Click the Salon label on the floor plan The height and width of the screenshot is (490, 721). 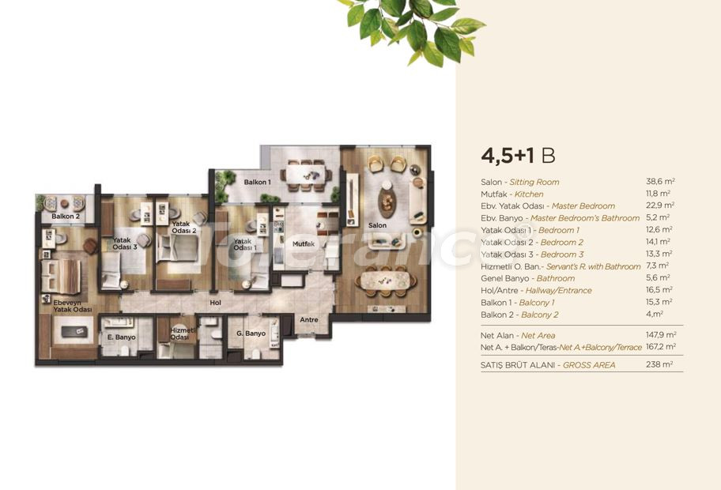click(x=377, y=225)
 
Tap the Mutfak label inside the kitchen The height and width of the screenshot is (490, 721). click(x=304, y=244)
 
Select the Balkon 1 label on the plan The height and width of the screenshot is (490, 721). click(x=257, y=182)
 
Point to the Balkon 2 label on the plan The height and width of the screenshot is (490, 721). click(x=66, y=216)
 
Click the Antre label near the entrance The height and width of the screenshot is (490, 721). click(x=309, y=319)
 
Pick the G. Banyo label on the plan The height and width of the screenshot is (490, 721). click(x=251, y=334)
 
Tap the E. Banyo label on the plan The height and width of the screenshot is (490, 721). click(x=122, y=337)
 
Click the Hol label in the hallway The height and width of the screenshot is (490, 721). click(x=215, y=303)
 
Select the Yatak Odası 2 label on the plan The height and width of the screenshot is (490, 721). click(x=184, y=227)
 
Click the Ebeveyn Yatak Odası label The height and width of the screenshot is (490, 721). click(x=73, y=306)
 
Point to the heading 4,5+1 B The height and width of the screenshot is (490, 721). click(x=519, y=156)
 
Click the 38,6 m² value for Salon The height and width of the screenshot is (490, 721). click(x=660, y=182)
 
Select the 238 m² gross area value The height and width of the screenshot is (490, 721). click(x=659, y=364)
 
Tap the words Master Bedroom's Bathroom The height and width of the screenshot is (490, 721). click(x=585, y=218)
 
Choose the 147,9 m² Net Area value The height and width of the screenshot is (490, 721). click(x=661, y=335)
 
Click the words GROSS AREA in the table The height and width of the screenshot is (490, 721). click(x=589, y=365)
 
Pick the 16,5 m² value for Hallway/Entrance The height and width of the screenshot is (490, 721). click(x=659, y=290)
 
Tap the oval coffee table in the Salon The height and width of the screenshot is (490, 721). click(x=387, y=202)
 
